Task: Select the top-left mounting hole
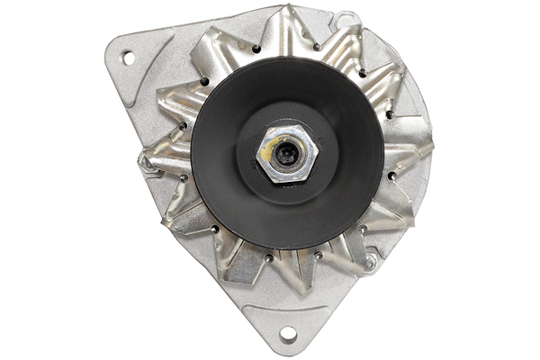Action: [128, 57]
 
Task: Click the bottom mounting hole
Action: [287, 334]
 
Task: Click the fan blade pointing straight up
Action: [286, 27]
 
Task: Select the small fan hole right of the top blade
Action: [317, 48]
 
